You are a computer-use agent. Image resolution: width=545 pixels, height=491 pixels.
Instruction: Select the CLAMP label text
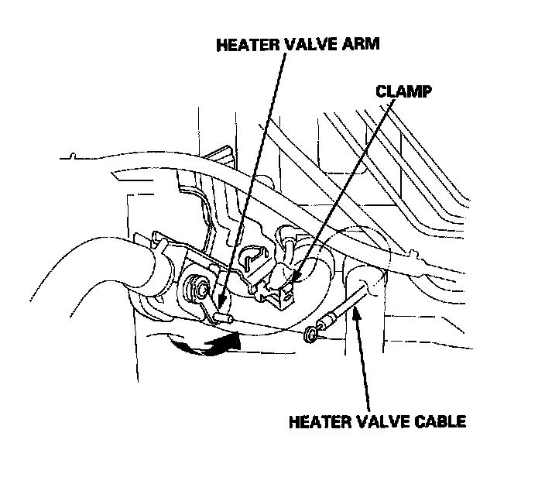pos(403,91)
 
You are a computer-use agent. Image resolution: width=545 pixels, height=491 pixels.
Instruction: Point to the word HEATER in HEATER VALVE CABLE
pos(317,422)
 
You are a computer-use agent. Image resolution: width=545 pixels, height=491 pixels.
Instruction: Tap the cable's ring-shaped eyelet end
pos(310,334)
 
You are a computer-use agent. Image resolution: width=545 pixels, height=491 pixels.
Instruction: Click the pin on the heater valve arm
pos(225,318)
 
